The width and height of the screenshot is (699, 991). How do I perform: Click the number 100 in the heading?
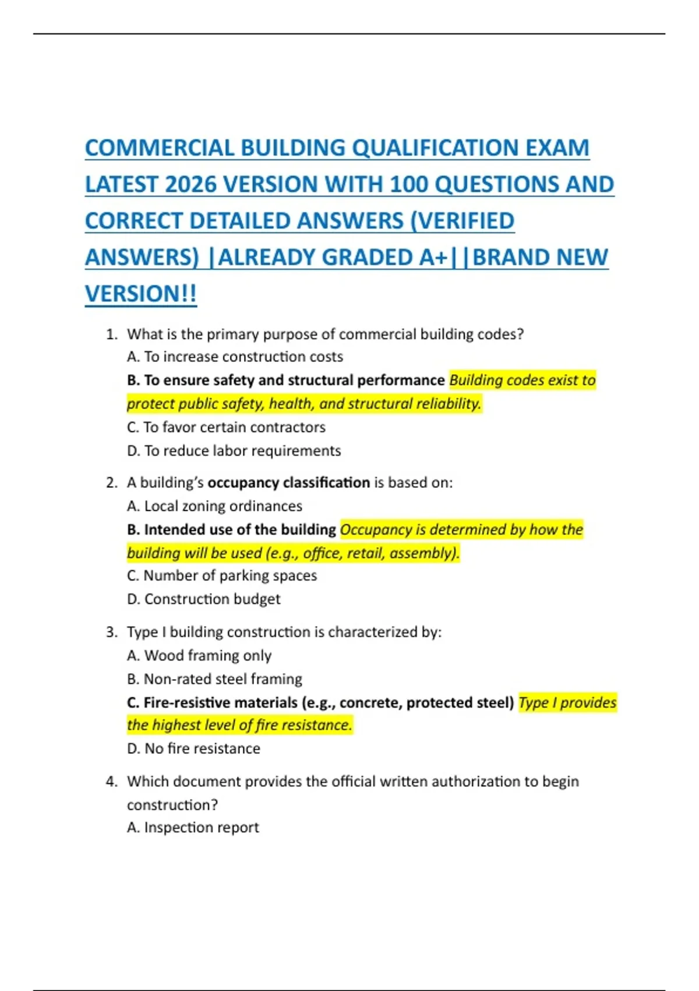(x=409, y=185)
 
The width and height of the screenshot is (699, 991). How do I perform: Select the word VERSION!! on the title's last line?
(x=141, y=294)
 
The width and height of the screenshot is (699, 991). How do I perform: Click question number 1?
(x=112, y=335)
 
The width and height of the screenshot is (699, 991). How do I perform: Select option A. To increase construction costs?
(x=235, y=357)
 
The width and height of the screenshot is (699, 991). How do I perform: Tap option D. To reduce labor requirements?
(x=234, y=451)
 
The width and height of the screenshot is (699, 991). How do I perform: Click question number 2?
(x=112, y=483)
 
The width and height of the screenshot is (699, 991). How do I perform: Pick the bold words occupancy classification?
(x=288, y=483)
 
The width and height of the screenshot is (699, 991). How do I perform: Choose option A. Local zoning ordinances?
(x=214, y=506)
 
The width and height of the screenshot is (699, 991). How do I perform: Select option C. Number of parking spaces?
(x=222, y=576)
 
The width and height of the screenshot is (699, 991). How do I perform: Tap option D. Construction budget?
(x=203, y=599)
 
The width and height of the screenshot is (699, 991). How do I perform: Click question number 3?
(x=112, y=632)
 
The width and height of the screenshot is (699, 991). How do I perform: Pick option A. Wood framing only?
(x=199, y=656)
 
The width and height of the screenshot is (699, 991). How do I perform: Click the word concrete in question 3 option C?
(x=369, y=702)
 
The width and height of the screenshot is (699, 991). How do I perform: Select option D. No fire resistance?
(x=193, y=748)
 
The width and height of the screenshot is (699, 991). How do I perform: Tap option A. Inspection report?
(x=193, y=828)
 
